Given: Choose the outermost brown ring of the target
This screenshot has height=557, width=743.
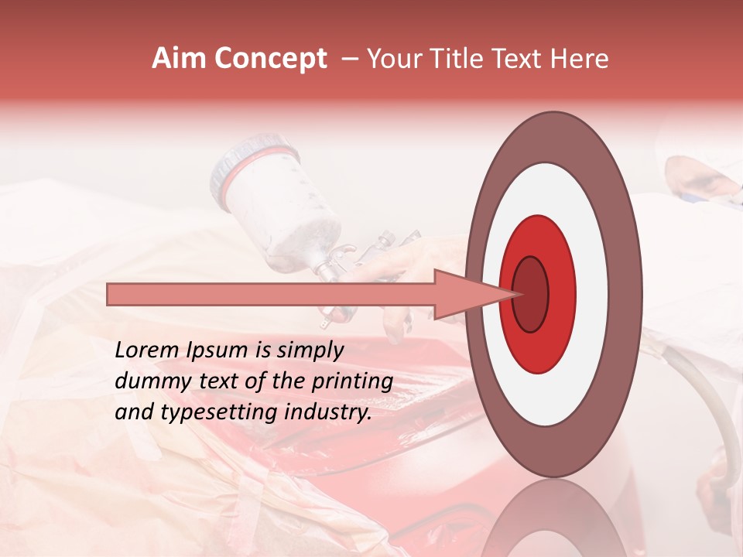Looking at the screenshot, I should (x=626, y=294).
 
